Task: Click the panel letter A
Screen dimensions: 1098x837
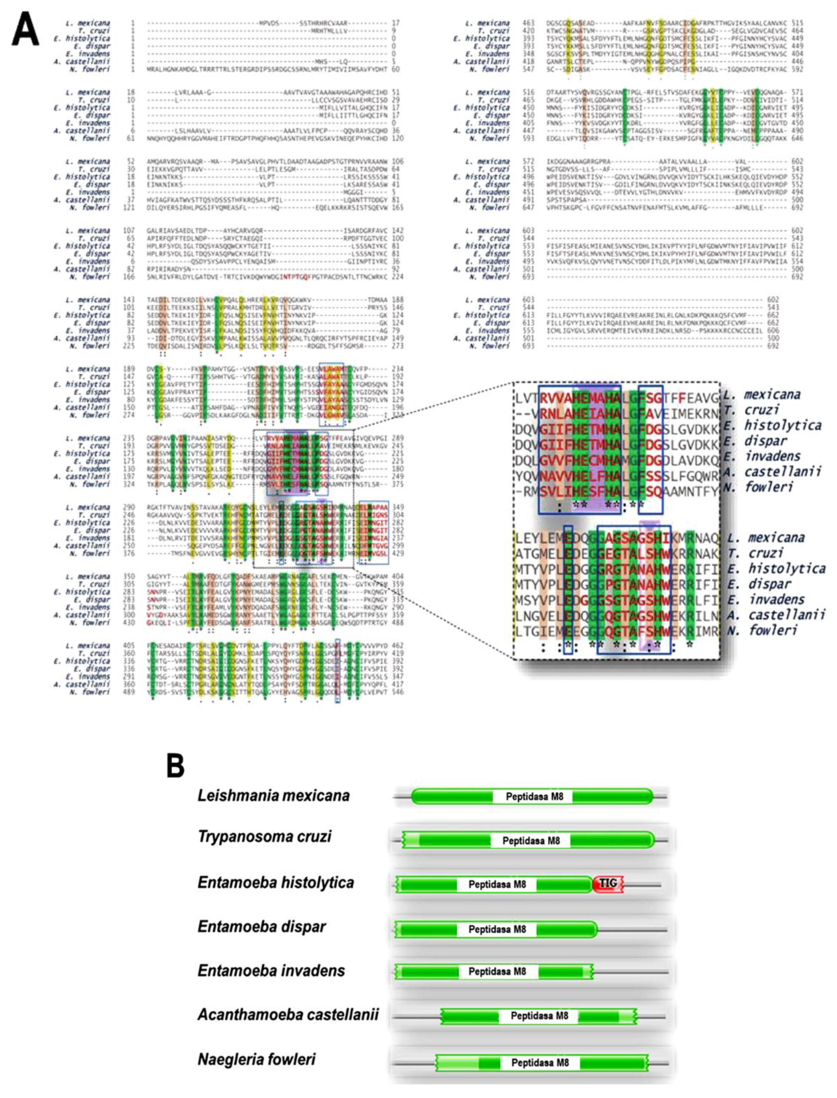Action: pos(25,31)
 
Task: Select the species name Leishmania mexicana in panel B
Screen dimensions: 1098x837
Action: pos(273,795)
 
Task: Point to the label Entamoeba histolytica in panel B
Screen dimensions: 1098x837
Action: pos(275,882)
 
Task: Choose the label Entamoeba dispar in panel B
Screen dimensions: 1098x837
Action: pos(262,926)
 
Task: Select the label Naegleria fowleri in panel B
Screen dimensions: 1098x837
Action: pos(257,1059)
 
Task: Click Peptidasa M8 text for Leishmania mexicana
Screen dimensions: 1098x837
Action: pos(534,796)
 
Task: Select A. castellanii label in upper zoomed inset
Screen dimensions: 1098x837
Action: pos(772,471)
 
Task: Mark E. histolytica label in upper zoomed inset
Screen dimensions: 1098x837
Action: pos(772,426)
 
